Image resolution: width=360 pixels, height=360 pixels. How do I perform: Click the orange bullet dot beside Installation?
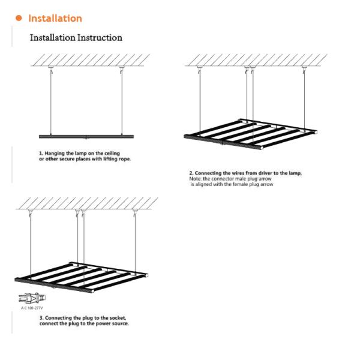(x=19, y=18)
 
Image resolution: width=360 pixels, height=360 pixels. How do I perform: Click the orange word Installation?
(x=55, y=19)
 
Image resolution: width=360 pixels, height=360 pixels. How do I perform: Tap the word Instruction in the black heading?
(x=100, y=38)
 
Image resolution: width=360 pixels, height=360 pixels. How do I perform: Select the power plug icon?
(x=32, y=298)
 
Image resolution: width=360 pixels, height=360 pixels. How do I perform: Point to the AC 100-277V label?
(x=32, y=308)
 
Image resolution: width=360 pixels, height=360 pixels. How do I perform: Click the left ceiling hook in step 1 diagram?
(x=51, y=70)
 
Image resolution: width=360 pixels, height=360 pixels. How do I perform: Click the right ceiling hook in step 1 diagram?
(x=121, y=70)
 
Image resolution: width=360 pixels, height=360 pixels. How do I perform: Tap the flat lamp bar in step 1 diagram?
(x=86, y=137)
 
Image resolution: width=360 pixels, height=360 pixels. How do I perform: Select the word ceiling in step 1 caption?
(x=112, y=153)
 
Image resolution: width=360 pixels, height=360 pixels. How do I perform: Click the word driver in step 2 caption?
(x=265, y=173)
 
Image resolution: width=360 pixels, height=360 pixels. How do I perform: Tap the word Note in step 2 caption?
(x=195, y=179)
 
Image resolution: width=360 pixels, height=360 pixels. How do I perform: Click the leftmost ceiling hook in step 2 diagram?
(x=200, y=70)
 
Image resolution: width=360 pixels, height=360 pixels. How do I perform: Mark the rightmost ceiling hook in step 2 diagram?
(x=304, y=70)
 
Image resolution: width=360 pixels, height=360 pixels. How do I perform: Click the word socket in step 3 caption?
(x=118, y=318)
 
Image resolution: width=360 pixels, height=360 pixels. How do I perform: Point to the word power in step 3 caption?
(x=103, y=324)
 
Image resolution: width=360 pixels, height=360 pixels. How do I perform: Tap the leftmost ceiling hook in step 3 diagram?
(x=31, y=212)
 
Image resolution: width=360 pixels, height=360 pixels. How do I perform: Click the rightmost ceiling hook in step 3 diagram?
(x=135, y=212)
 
